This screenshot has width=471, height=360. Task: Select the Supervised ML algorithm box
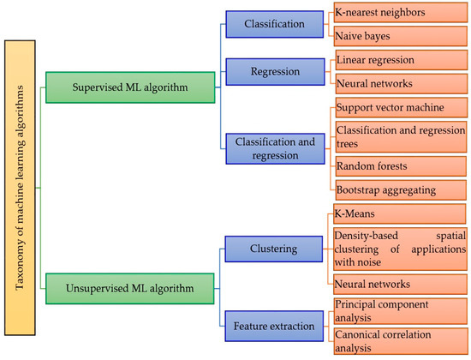(128, 86)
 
